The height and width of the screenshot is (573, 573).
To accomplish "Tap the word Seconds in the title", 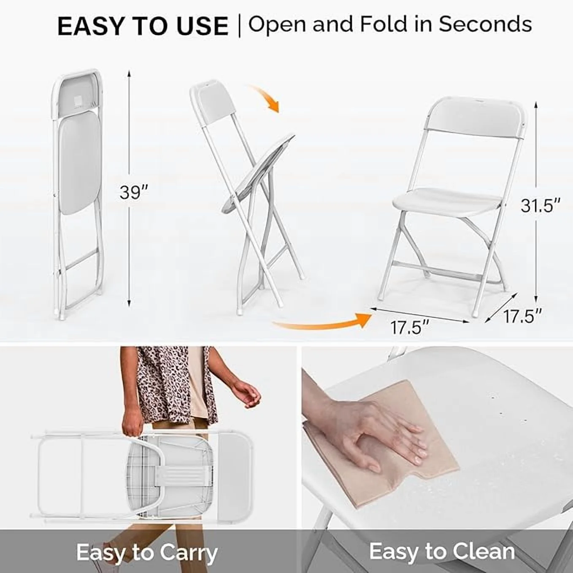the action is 485,24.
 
